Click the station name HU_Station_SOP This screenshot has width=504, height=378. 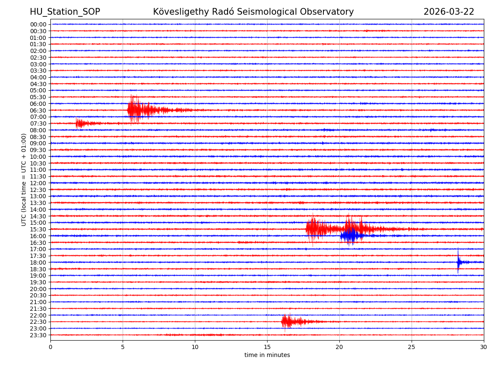pyautogui.click(x=65, y=12)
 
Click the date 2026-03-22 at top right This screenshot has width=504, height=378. pyautogui.click(x=449, y=12)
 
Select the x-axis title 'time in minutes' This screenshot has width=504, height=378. pyautogui.click(x=267, y=355)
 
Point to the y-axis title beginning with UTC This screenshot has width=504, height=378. pyautogui.click(x=24, y=179)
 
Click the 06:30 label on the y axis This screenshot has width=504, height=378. pyautogui.click(x=38, y=110)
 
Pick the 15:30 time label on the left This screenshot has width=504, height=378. pyautogui.click(x=38, y=229)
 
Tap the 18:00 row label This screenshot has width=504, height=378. pyautogui.click(x=38, y=262)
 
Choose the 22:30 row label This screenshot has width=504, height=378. pyautogui.click(x=38, y=322)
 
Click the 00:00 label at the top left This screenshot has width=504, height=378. pyautogui.click(x=38, y=24)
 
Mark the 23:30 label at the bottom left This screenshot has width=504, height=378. pyautogui.click(x=38, y=335)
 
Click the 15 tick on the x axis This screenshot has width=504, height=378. pyautogui.click(x=267, y=347)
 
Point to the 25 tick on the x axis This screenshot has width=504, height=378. pyautogui.click(x=412, y=347)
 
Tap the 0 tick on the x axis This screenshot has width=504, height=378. pyautogui.click(x=50, y=347)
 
